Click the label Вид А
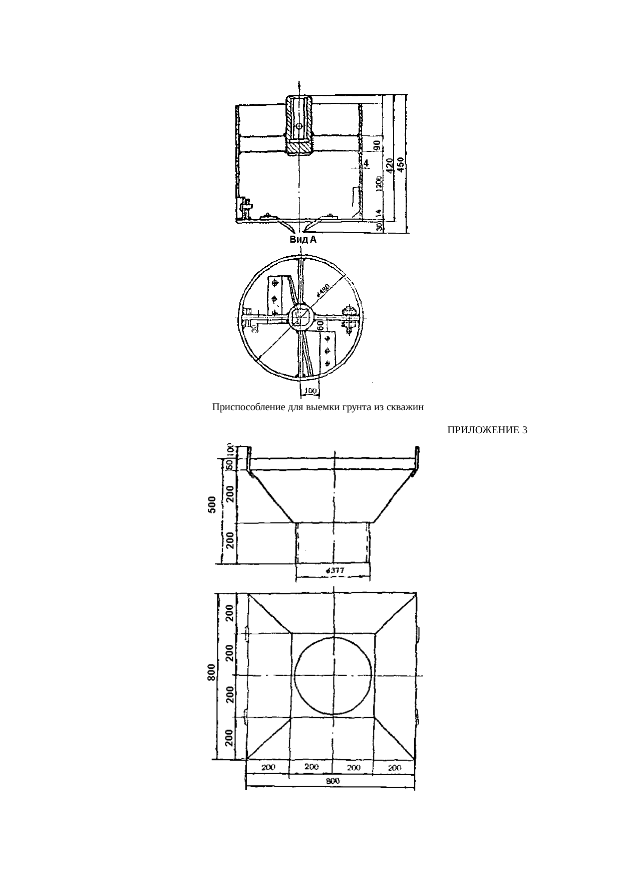pos(303,240)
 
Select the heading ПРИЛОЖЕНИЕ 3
pos(487,430)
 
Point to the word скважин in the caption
pos(407,407)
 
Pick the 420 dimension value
pos(390,165)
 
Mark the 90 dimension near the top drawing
pos(378,145)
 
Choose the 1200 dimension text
pos(379,184)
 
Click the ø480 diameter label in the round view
pos(323,290)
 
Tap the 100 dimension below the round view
pos(310,391)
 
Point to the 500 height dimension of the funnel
pos(212,504)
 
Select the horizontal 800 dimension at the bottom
pos(331,781)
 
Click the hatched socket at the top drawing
pos(299,124)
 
